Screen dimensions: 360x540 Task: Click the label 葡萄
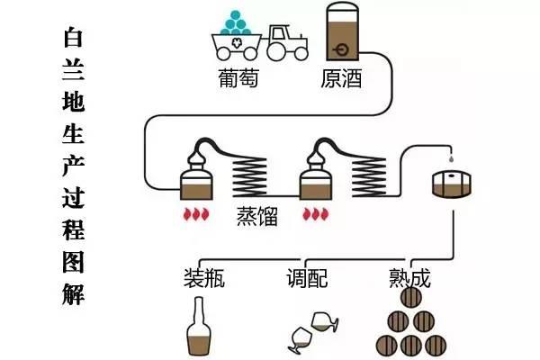pyautogui.click(x=238, y=78)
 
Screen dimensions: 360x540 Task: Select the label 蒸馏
pyautogui.click(x=256, y=217)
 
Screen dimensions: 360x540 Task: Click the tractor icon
pyautogui.click(x=285, y=41)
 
